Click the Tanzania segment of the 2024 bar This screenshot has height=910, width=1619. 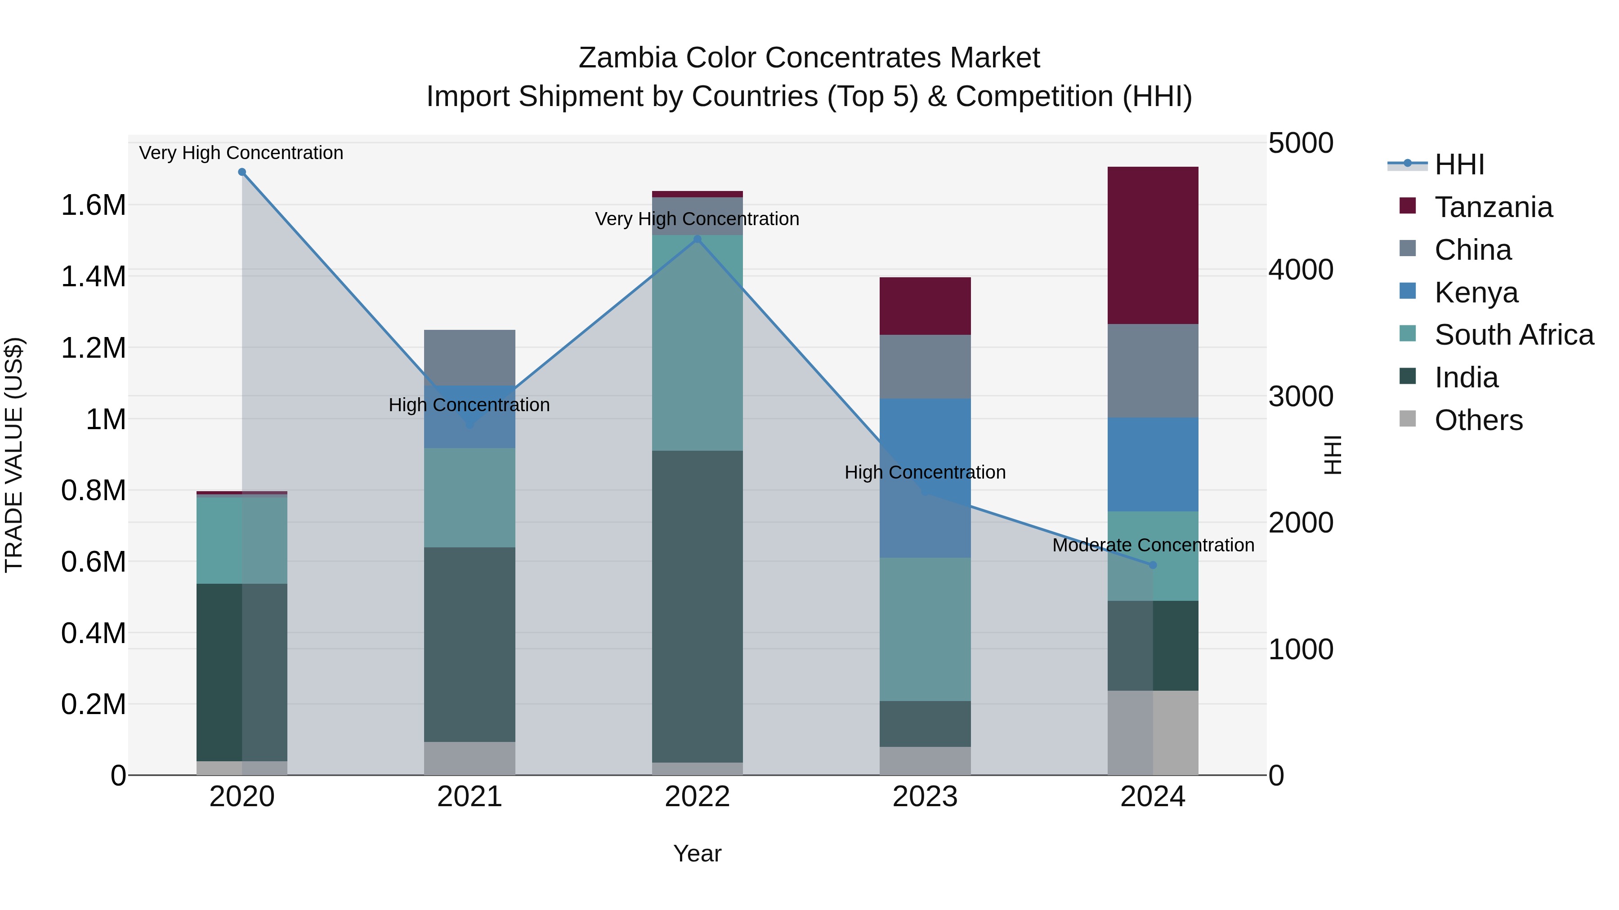click(1152, 245)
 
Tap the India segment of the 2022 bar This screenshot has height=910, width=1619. click(697, 606)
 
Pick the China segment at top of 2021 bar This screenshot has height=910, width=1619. click(470, 357)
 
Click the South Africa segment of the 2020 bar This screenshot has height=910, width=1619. click(242, 540)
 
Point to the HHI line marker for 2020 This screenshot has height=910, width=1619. click(242, 172)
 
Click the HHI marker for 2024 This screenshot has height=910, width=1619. click(1152, 565)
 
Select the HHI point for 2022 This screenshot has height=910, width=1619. click(697, 239)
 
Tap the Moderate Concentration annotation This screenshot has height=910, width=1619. click(1153, 545)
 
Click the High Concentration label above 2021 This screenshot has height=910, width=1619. click(469, 405)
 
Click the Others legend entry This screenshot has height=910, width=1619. click(1478, 420)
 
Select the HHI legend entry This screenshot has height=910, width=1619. click(1459, 164)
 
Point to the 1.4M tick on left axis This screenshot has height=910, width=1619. click(93, 277)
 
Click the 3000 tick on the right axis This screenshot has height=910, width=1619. click(1300, 397)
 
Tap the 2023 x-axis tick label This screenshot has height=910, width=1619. click(925, 797)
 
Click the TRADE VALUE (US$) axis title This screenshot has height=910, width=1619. click(14, 455)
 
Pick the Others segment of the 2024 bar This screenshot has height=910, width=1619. click(1152, 733)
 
